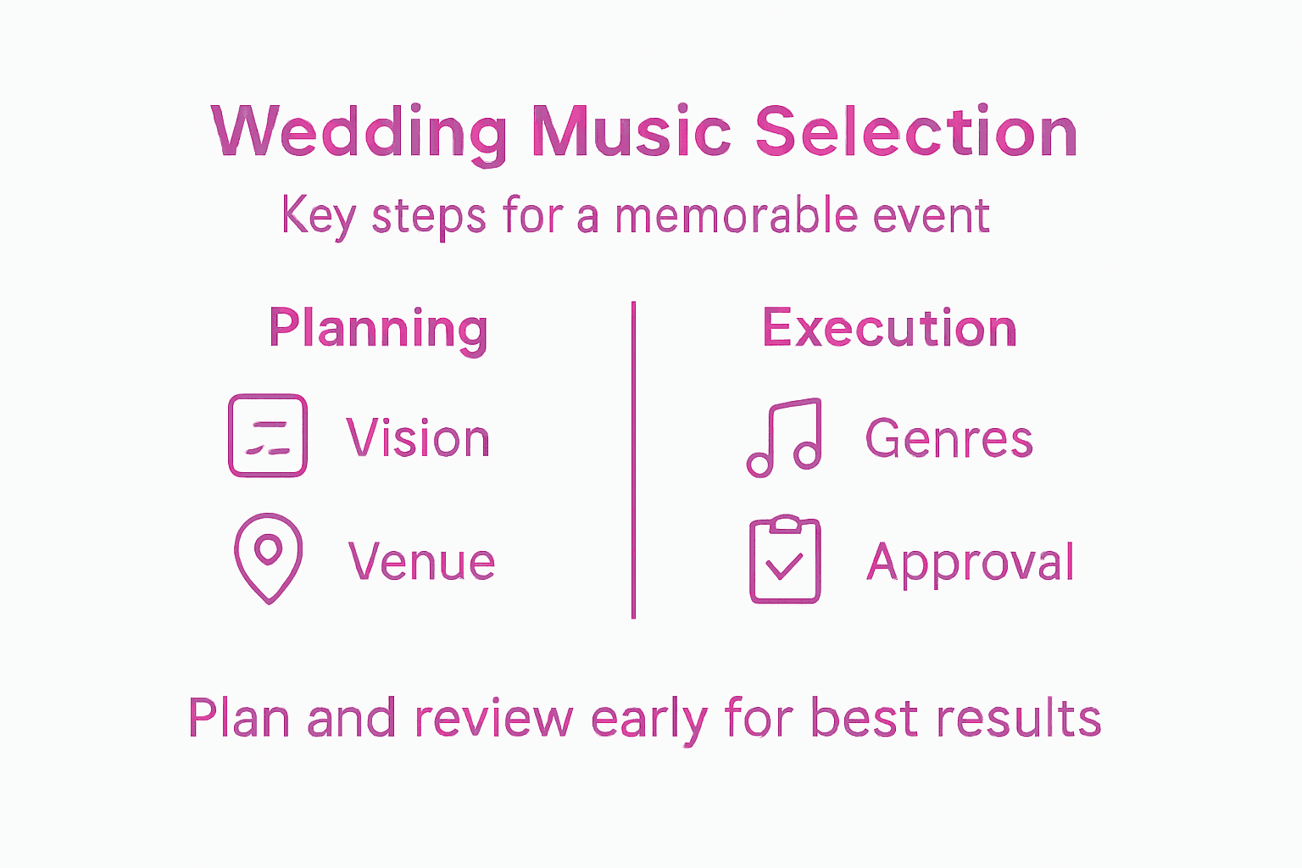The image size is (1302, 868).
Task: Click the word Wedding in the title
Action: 359,132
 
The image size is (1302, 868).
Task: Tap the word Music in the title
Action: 632,132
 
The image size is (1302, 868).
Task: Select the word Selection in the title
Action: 915,132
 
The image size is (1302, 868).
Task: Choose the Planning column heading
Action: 378,329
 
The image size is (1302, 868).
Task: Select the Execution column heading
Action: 889,328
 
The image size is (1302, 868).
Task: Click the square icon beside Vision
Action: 268,436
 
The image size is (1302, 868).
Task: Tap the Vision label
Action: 418,438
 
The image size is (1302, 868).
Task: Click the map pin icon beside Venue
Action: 268,557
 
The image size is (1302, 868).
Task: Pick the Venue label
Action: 421,561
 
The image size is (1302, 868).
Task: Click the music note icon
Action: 784,437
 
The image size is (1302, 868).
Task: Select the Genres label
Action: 949,438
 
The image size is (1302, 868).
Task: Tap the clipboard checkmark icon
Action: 785,559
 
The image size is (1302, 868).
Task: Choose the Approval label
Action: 971,563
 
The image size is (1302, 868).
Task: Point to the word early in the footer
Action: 648,719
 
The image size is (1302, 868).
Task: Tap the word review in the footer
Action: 493,718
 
